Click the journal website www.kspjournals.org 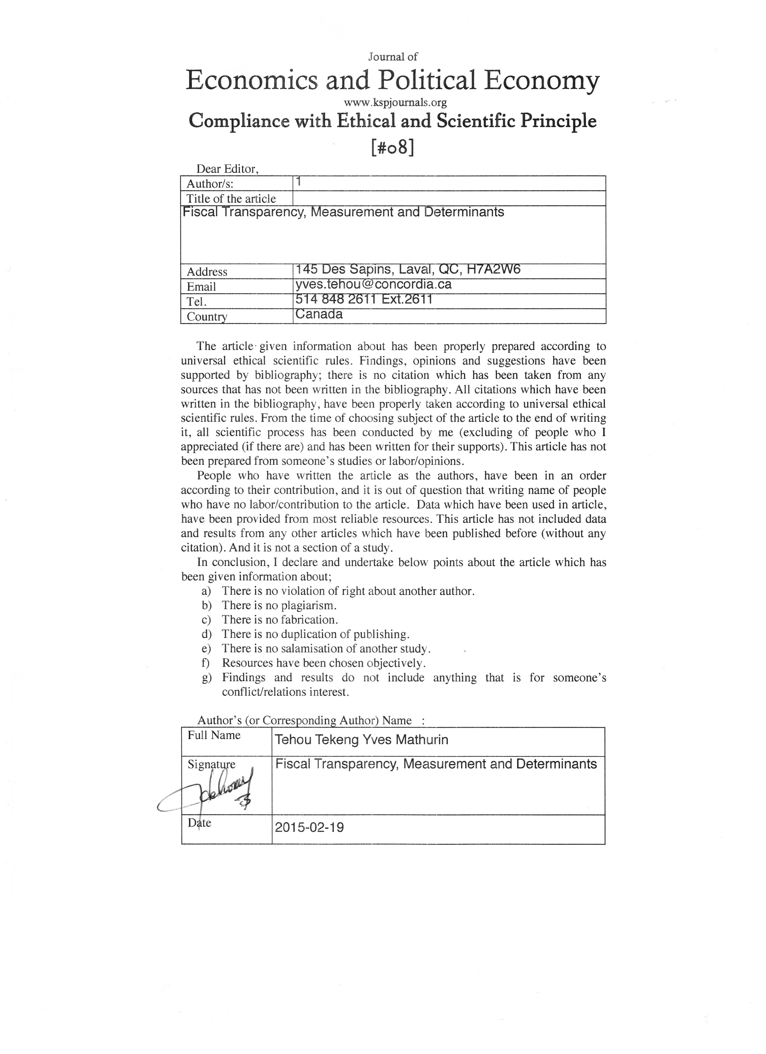(x=395, y=102)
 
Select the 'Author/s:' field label (x=210, y=184)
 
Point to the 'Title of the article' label (x=231, y=199)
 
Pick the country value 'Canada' (x=319, y=314)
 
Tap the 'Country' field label (x=207, y=317)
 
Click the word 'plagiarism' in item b (x=309, y=606)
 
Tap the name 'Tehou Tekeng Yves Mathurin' (x=361, y=740)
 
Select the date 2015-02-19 (x=309, y=828)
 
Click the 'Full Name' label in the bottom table (x=214, y=735)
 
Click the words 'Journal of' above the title (x=393, y=57)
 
